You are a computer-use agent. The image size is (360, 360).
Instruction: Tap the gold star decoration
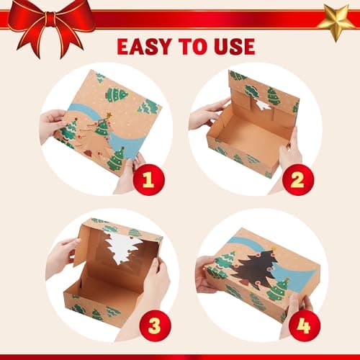337,20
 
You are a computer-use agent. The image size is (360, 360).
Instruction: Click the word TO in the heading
194,47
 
